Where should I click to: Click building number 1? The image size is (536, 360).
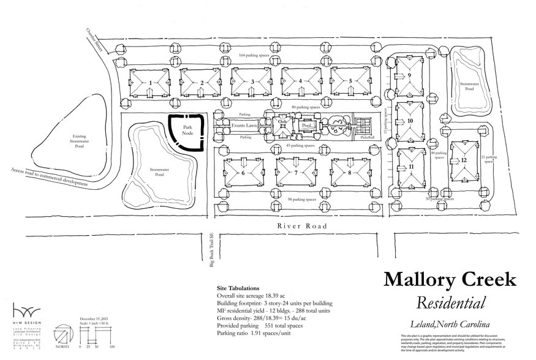tap(150, 82)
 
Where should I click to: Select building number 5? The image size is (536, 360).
tap(350, 81)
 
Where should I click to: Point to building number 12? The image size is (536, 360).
tap(464, 160)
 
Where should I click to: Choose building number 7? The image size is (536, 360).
tap(296, 173)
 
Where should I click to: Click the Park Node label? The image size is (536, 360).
tap(187, 131)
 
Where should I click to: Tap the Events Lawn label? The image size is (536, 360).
tap(243, 126)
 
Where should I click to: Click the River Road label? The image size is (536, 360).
tap(301, 226)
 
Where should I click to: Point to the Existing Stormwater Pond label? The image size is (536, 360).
tap(62, 140)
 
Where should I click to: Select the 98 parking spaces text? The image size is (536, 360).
tap(301, 200)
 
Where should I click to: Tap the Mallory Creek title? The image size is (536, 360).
tap(450, 280)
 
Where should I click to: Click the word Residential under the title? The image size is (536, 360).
tap(450, 302)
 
